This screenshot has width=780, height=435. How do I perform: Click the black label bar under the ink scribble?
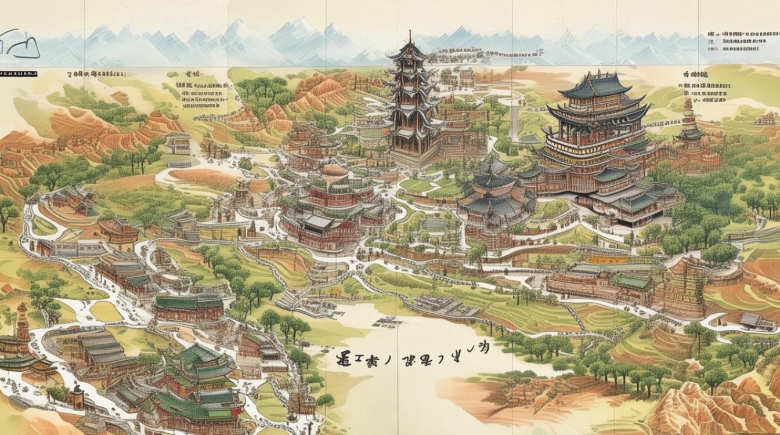tap(19, 74)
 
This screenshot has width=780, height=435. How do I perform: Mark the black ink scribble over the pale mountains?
tap(20, 45)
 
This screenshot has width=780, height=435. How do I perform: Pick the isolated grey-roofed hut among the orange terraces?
tap(750, 320)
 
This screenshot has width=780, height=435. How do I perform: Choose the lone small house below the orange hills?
tap(178, 143)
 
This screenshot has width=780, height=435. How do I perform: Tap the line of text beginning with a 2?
tap(96, 74)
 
